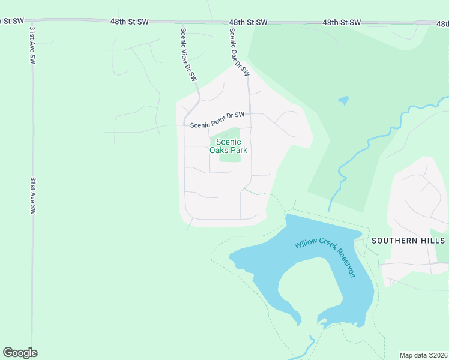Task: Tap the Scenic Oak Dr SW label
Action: pyautogui.click(x=239, y=53)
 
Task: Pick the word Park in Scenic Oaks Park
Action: pyautogui.click(x=238, y=151)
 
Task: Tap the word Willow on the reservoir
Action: pyautogui.click(x=305, y=242)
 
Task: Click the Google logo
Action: pyautogui.click(x=20, y=353)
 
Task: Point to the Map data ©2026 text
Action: pyautogui.click(x=423, y=355)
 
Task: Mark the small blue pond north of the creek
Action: pyautogui.click(x=343, y=100)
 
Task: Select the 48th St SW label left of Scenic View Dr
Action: pyautogui.click(x=129, y=21)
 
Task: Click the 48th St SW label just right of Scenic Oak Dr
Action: pyautogui.click(x=248, y=22)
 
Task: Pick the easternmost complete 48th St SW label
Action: pyautogui.click(x=342, y=22)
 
